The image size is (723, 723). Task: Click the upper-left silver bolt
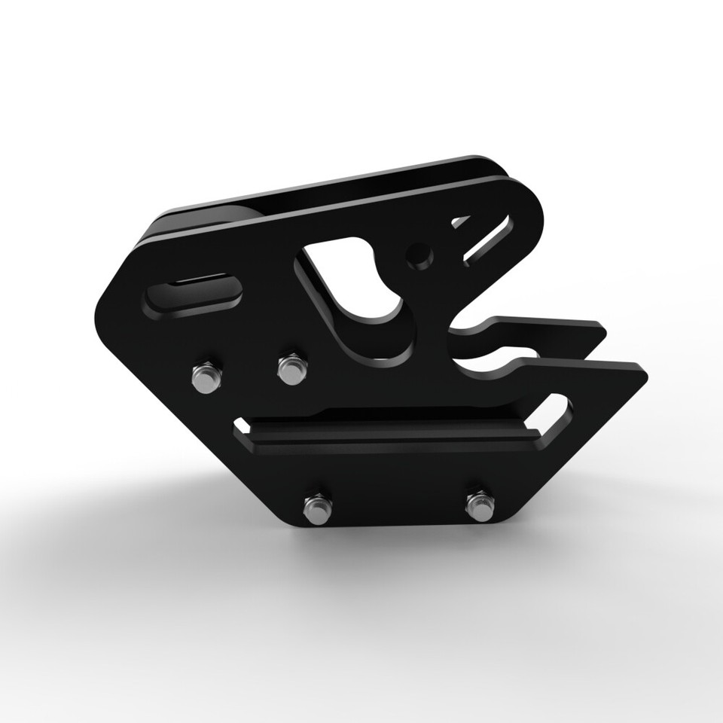pyautogui.click(x=205, y=376)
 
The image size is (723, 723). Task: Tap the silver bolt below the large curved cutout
pyautogui.click(x=291, y=368)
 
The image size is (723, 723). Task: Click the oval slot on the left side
pyautogui.click(x=194, y=291)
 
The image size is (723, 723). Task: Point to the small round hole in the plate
pyautogui.click(x=419, y=255)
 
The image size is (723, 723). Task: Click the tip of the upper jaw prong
pyautogui.click(x=603, y=328)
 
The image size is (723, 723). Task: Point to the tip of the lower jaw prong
pyautogui.click(x=644, y=371)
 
